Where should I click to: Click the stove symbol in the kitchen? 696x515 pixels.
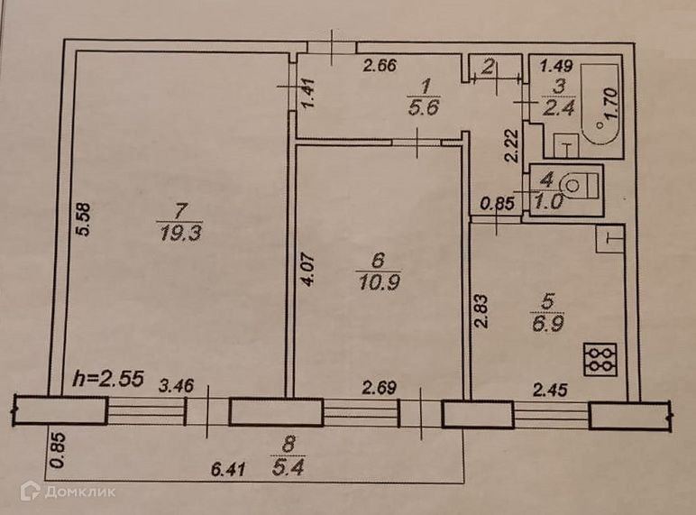599,360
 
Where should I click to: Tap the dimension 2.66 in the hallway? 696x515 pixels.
380,64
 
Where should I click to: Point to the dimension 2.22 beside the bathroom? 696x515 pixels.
509,145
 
